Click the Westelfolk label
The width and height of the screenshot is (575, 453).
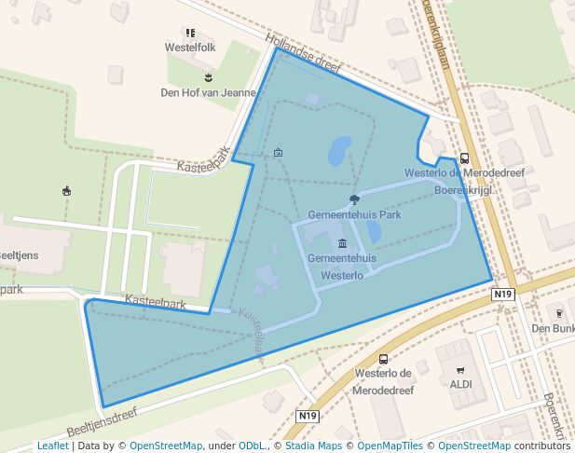point(190,47)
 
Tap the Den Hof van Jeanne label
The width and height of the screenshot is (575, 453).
point(208,92)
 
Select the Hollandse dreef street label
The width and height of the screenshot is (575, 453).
point(304,55)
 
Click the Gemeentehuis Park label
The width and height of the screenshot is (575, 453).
point(354,213)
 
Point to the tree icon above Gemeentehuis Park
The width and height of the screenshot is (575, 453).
point(354,199)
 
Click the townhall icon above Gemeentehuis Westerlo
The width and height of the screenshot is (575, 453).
point(342,243)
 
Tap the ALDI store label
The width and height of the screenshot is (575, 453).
point(460,383)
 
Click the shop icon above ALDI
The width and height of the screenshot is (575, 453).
point(460,369)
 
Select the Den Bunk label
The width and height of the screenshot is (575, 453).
point(553,328)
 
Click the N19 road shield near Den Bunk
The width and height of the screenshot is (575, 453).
point(502,294)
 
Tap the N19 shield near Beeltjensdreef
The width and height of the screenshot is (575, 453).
point(308,415)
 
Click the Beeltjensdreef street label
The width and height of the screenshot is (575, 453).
point(102,422)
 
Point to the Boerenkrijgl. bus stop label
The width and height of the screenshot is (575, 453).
point(463,189)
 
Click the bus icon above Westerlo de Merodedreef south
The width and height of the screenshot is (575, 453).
point(383,359)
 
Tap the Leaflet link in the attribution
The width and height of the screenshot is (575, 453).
point(53,446)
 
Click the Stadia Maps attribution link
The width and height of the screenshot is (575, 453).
point(314,446)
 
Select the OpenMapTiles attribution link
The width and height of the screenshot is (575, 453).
point(386,446)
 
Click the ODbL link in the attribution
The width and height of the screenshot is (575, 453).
point(252,446)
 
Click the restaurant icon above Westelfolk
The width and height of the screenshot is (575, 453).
point(190,33)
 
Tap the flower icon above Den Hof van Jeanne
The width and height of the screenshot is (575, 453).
point(208,77)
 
